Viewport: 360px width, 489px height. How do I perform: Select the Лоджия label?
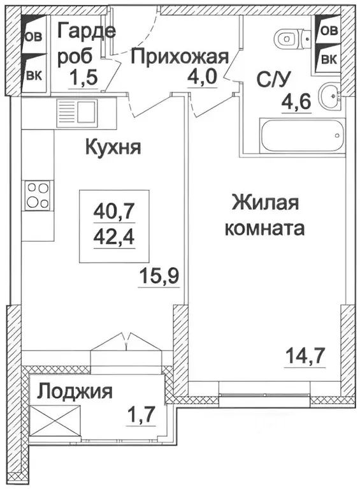click(75, 391)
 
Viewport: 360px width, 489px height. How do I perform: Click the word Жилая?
click(265, 204)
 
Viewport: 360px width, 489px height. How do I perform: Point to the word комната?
click(264, 228)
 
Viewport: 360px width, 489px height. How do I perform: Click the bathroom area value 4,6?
click(295, 102)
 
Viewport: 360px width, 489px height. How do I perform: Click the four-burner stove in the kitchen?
click(38, 195)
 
